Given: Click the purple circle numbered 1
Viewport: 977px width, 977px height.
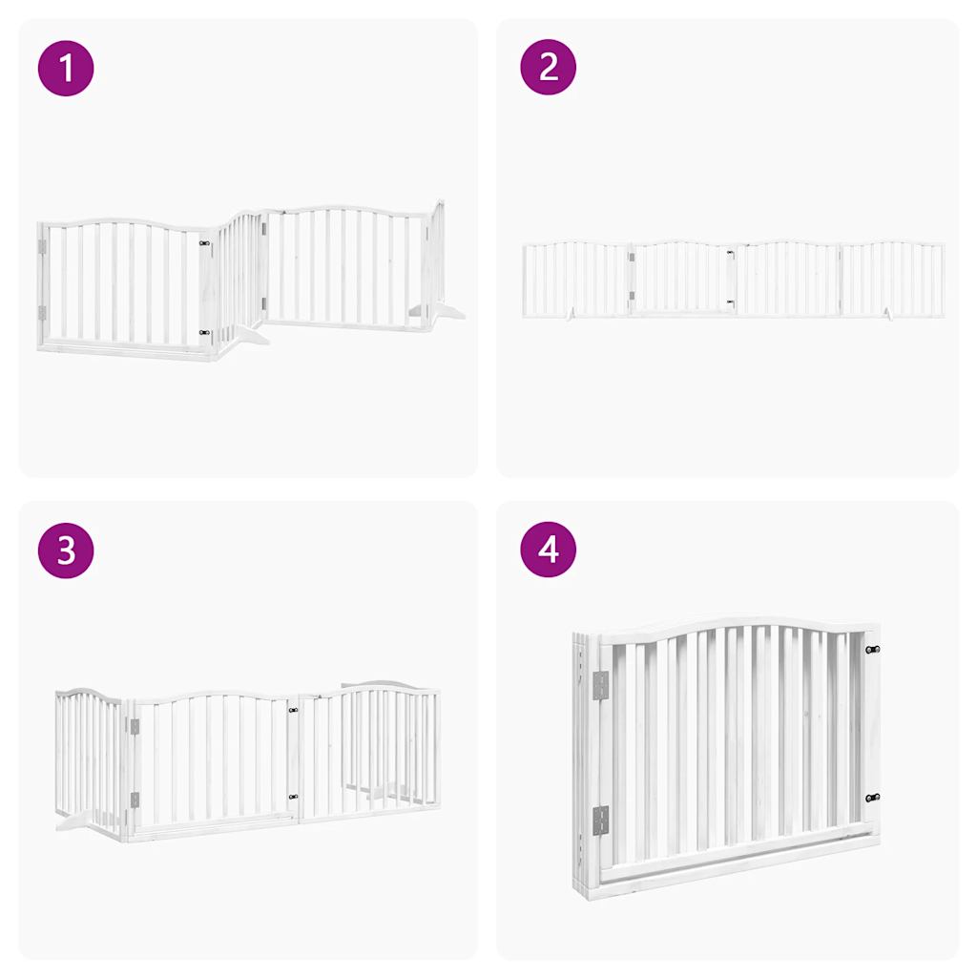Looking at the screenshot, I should (x=66, y=68).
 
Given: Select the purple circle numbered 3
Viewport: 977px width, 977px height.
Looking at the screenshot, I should (x=66, y=550).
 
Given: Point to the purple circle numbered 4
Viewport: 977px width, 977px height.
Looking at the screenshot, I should (x=549, y=550).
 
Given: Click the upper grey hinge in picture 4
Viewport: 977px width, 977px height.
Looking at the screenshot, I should (x=600, y=683).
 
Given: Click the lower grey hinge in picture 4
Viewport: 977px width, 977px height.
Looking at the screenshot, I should (x=600, y=819).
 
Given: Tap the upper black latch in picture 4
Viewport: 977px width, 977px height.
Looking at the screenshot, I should (x=872, y=650).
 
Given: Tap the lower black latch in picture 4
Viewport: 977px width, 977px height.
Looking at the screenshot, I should (x=872, y=798).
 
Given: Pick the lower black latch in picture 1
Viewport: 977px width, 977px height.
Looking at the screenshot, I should (x=204, y=333).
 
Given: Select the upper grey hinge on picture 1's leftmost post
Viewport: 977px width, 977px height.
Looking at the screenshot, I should (x=42, y=246).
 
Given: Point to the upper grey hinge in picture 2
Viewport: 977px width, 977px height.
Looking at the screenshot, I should (x=632, y=256).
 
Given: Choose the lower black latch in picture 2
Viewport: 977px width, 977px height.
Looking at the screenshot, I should (x=730, y=302).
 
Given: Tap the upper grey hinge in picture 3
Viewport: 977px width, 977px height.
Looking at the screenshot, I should (x=135, y=727).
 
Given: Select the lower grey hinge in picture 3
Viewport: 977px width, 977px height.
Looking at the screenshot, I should (x=135, y=800).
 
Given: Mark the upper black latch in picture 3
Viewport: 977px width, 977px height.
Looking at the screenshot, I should (x=293, y=710).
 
